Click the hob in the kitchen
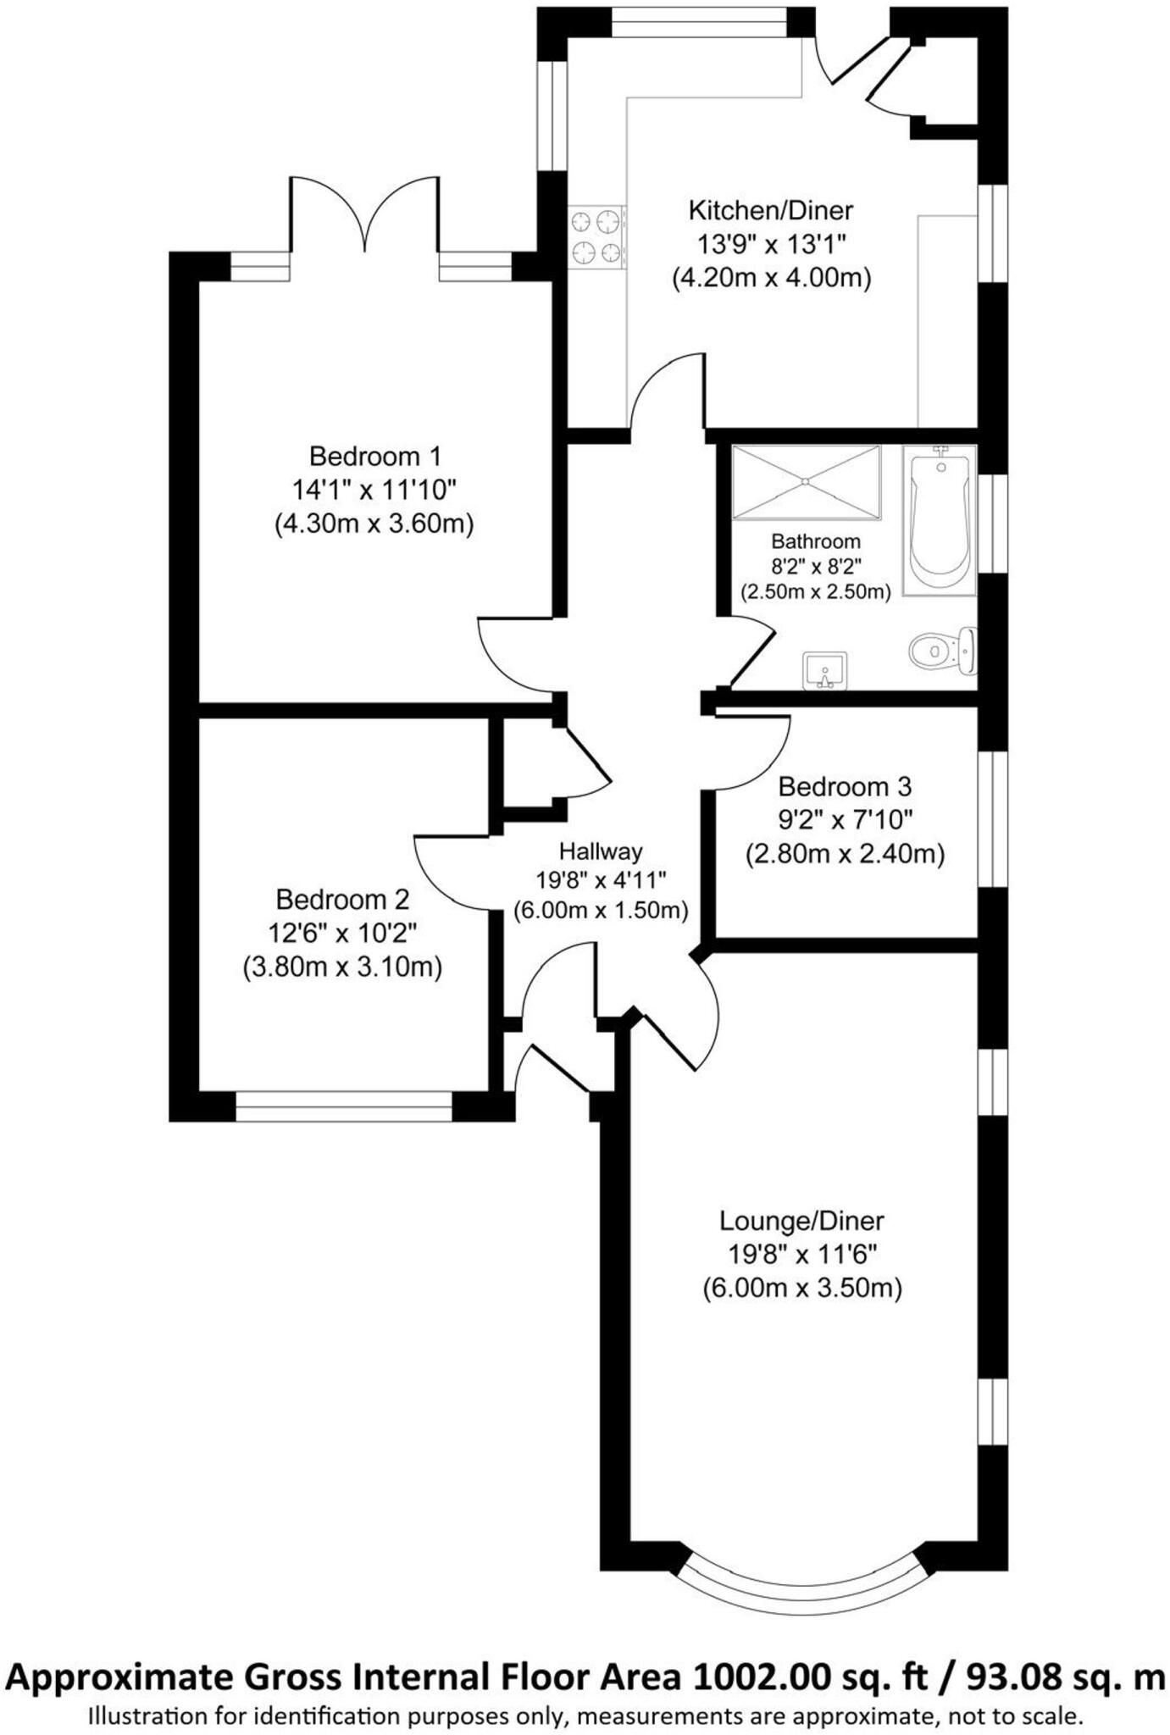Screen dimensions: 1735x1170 (596, 237)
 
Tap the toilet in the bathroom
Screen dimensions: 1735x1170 (940, 651)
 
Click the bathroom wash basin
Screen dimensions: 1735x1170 (824, 671)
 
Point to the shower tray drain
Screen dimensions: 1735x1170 (806, 481)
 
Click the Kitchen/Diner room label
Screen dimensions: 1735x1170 (770, 210)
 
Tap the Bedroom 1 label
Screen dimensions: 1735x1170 (374, 457)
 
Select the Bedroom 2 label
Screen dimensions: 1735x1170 (342, 899)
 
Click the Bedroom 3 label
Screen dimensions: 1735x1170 (845, 787)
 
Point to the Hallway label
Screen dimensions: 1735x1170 (601, 851)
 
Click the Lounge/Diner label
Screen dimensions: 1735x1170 (801, 1221)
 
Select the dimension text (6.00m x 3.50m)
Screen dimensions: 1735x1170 (801, 1289)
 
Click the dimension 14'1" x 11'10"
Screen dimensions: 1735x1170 (374, 490)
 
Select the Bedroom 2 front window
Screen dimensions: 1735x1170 (343, 1106)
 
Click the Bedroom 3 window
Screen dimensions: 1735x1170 (993, 818)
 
